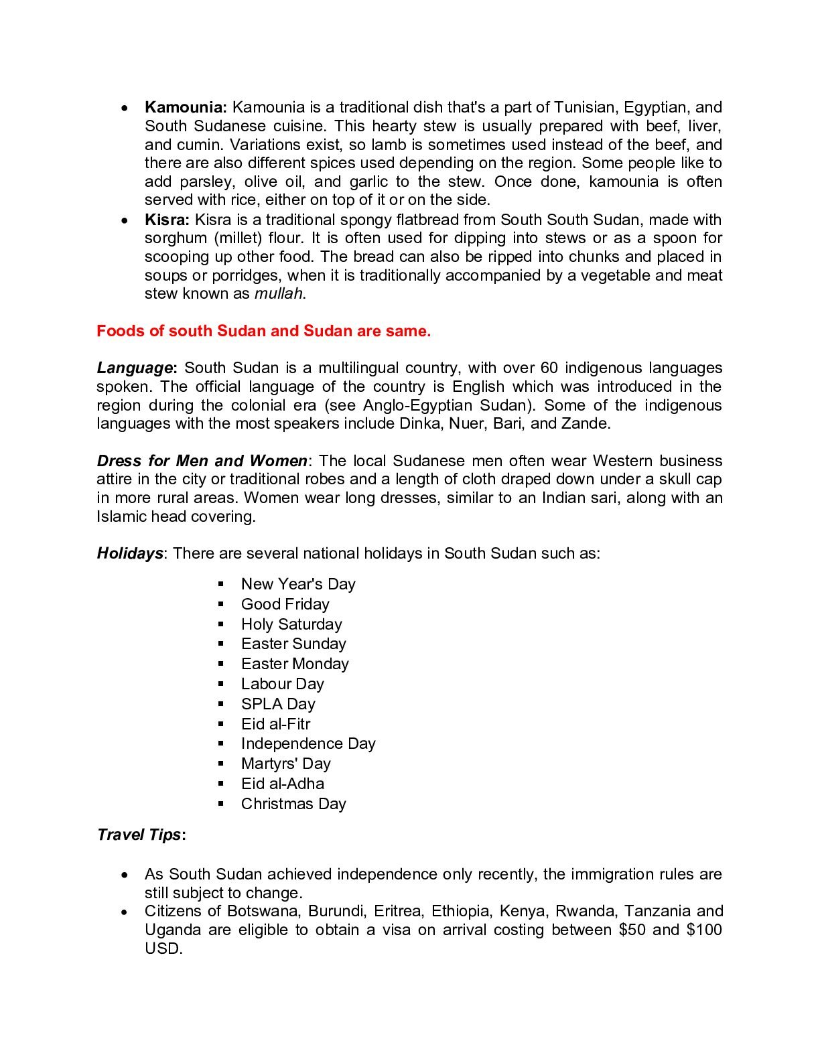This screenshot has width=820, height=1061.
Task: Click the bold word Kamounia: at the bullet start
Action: (x=186, y=107)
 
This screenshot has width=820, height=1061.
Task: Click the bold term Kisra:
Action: (x=167, y=220)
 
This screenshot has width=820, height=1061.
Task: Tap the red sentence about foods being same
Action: (x=264, y=331)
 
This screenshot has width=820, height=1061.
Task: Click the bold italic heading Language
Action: (x=135, y=368)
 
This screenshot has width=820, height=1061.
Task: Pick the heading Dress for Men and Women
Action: (x=202, y=461)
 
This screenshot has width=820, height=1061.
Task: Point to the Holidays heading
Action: (x=130, y=553)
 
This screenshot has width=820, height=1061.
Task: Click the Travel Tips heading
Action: (x=139, y=835)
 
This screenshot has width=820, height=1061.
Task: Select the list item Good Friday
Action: (x=285, y=604)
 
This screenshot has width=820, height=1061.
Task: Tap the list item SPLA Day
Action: (x=278, y=704)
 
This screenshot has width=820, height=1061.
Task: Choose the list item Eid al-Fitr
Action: (x=276, y=724)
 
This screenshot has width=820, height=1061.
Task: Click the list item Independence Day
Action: (x=308, y=744)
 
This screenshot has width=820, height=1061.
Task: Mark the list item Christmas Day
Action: (x=293, y=804)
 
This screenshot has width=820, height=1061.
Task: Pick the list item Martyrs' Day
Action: (x=286, y=764)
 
